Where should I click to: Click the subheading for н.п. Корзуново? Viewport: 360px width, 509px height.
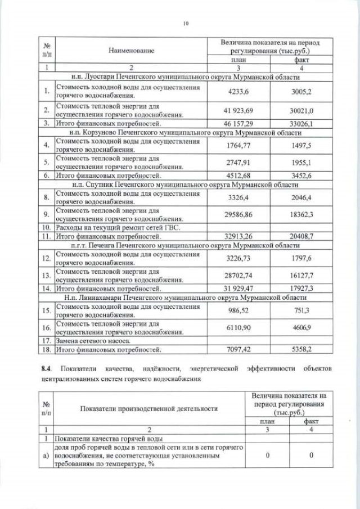pyautogui.click(x=184, y=133)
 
